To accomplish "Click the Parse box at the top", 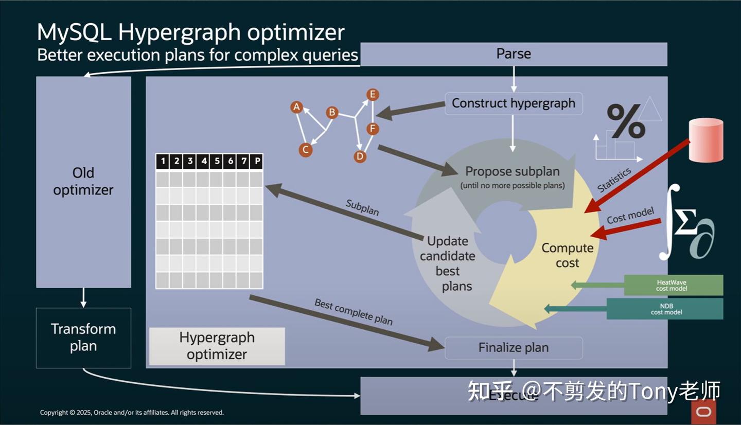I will pyautogui.click(x=513, y=54).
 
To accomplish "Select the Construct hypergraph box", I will pyautogui.click(x=513, y=103).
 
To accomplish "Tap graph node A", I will pyautogui.click(x=296, y=107).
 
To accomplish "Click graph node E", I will pyautogui.click(x=373, y=95).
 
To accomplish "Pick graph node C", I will pyautogui.click(x=305, y=150).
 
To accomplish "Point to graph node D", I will pyautogui.click(x=360, y=156).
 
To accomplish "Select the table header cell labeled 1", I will pyautogui.click(x=163, y=162).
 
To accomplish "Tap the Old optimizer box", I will pyautogui.click(x=83, y=182).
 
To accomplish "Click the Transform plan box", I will pyautogui.click(x=83, y=338).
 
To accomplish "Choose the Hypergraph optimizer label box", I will pyautogui.click(x=217, y=346).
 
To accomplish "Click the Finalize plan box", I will pyautogui.click(x=513, y=348).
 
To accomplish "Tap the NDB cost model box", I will pyautogui.click(x=665, y=309).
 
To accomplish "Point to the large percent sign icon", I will pyautogui.click(x=625, y=121).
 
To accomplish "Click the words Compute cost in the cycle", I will pyautogui.click(x=567, y=255).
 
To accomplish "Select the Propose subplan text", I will pyautogui.click(x=512, y=171).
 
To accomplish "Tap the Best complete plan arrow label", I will pyautogui.click(x=354, y=312).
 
